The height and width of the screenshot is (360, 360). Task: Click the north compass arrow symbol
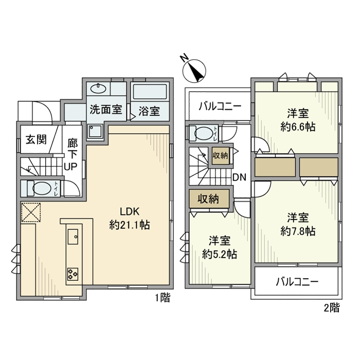[x=194, y=70]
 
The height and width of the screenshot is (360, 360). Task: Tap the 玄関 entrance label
[x=35, y=139]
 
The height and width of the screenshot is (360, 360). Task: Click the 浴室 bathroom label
[x=149, y=110]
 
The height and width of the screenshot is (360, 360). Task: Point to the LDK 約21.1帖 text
[x=130, y=219]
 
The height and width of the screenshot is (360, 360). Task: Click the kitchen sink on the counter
[x=72, y=238]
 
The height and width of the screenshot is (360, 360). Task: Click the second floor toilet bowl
[x=204, y=133]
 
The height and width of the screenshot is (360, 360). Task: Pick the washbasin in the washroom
[x=98, y=87]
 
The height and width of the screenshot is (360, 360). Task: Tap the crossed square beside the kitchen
[x=30, y=212]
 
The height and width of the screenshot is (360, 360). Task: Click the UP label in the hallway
[x=70, y=167]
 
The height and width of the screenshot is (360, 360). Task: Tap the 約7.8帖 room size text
[x=298, y=231]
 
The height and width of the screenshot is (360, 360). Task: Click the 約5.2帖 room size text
[x=219, y=254]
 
